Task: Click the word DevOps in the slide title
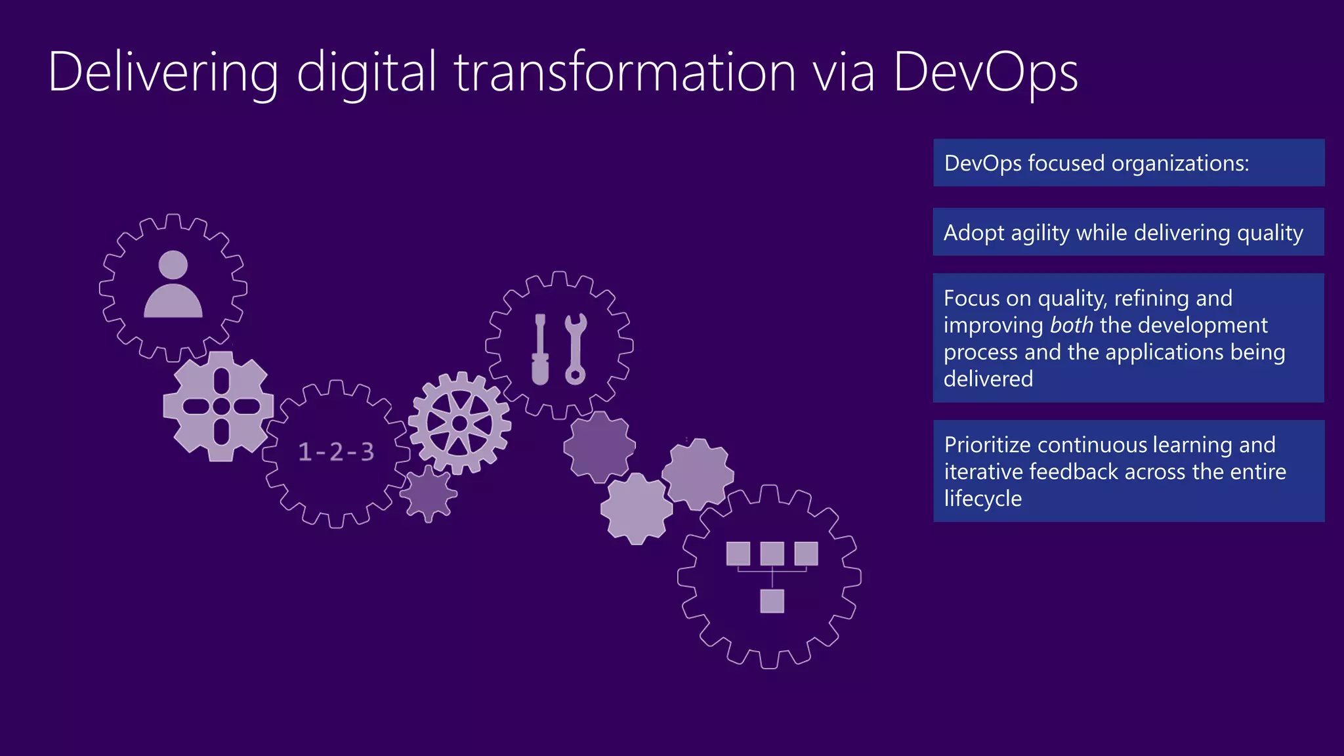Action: coord(984,72)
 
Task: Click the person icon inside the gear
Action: coord(173,285)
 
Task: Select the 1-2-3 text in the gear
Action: coord(336,451)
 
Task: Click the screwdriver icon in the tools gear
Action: coord(540,349)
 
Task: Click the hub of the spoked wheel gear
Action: coord(459,423)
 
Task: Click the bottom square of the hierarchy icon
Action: coord(772,601)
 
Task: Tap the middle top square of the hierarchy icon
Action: coord(772,553)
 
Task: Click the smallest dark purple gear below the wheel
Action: coord(429,493)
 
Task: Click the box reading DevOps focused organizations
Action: coord(1128,163)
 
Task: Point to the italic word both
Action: coord(1071,325)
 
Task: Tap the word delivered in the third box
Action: coord(988,379)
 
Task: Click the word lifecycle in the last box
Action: coord(982,499)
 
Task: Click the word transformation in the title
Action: coord(624,72)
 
